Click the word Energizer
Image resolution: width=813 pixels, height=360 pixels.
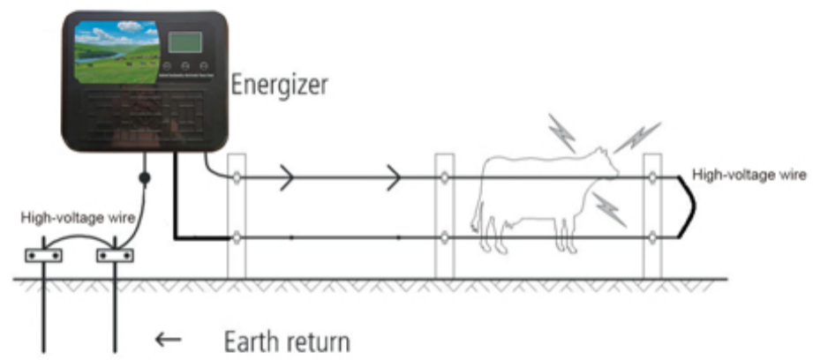tap(278, 86)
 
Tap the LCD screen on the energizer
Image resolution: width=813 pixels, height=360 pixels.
tap(185, 43)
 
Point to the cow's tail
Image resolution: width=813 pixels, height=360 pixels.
tap(478, 199)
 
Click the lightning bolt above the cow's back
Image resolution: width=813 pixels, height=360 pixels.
tap(561, 131)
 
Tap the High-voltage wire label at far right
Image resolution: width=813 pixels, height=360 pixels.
tap(749, 175)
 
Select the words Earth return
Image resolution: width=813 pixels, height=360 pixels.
tap(287, 340)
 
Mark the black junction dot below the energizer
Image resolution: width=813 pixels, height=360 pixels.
tap(145, 179)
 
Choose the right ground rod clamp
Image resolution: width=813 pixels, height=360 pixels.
tap(115, 256)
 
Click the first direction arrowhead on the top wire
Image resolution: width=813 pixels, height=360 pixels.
tap(288, 177)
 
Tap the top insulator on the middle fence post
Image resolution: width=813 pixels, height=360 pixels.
tap(445, 177)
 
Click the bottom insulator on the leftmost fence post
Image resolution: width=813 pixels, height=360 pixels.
tap(237, 236)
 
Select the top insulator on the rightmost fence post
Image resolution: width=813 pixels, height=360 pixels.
tap(651, 177)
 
